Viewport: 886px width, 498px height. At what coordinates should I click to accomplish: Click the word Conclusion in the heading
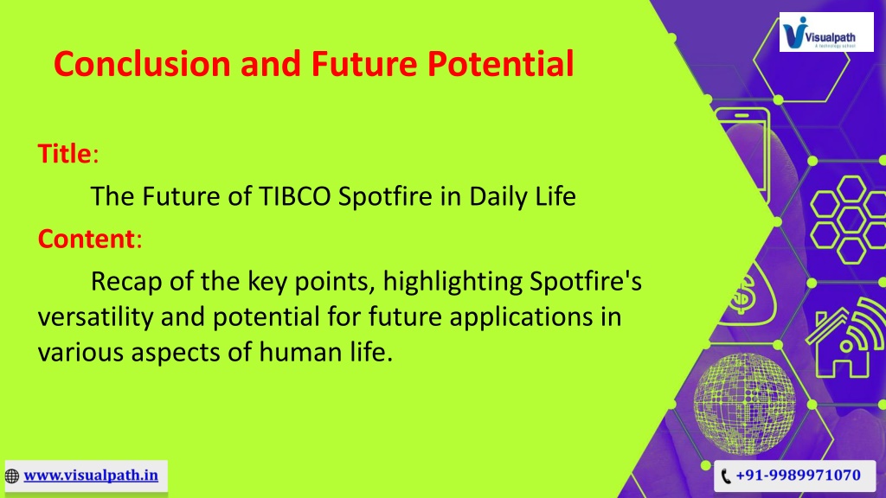click(x=143, y=63)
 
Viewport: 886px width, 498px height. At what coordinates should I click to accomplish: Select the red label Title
click(x=64, y=154)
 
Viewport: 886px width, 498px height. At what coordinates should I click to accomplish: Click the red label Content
click(x=87, y=239)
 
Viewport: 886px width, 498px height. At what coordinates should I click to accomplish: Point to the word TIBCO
click(x=295, y=196)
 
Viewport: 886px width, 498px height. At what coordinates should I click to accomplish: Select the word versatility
click(x=95, y=316)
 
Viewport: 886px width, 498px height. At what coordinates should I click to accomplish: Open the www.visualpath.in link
click(x=91, y=476)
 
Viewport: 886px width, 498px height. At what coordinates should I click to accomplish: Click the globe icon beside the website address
click(x=12, y=476)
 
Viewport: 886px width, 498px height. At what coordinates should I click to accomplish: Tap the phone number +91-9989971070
click(x=798, y=475)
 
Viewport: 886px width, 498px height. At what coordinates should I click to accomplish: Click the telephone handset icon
click(x=726, y=476)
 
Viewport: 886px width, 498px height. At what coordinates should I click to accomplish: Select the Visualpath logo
click(x=826, y=32)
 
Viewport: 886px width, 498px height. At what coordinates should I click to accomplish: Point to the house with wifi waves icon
click(x=847, y=339)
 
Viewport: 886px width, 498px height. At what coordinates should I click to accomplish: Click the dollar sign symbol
click(x=743, y=294)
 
